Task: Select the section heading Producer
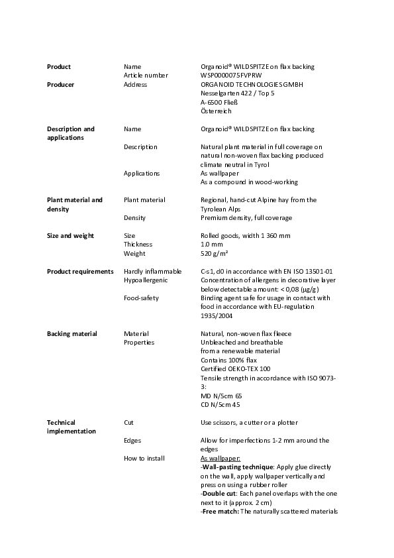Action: (x=60, y=85)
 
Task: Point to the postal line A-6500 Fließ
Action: (x=219, y=103)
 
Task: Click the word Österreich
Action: (x=216, y=111)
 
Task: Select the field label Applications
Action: (x=141, y=174)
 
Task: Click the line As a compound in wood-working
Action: (x=249, y=182)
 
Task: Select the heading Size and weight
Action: (x=70, y=236)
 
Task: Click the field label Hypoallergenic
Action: (x=146, y=280)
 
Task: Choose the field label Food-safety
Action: (x=141, y=298)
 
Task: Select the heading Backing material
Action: (x=72, y=334)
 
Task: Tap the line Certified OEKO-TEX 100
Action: (x=235, y=369)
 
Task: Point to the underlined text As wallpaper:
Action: (x=220, y=459)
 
